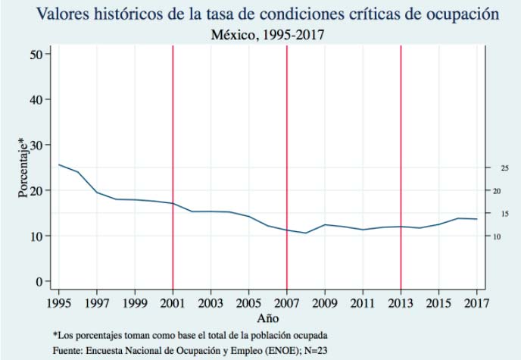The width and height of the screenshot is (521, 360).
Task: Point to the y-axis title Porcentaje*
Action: coord(22,167)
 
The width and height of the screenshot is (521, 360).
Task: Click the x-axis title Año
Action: coord(267,318)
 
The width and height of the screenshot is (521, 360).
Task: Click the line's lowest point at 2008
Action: coord(306,233)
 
